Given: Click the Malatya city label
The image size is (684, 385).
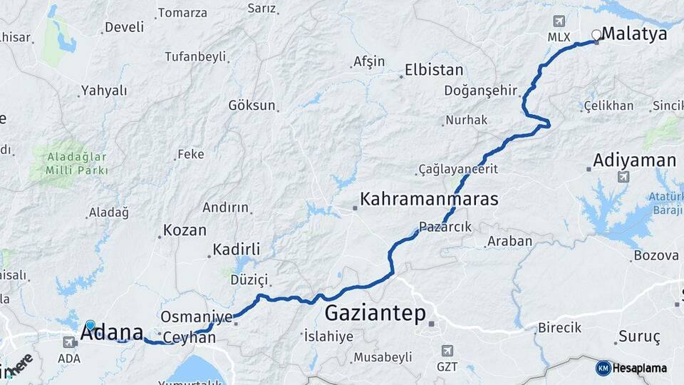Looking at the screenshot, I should (634, 34).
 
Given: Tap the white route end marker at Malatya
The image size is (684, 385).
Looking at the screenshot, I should (596, 34).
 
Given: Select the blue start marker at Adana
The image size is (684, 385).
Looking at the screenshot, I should (90, 325).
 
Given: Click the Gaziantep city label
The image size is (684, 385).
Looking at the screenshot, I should (375, 313).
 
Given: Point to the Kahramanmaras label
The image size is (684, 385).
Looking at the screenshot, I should (429, 199).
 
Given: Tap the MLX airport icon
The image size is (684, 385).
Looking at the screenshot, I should (558, 21).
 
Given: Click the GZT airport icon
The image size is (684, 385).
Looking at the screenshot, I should (447, 351).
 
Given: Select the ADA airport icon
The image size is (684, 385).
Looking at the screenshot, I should (69, 343).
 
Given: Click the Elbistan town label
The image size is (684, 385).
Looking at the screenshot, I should (434, 70).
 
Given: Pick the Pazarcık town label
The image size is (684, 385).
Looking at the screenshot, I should (445, 227).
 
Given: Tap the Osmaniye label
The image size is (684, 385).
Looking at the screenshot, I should (197, 317).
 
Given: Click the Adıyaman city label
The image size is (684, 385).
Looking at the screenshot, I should (634, 159).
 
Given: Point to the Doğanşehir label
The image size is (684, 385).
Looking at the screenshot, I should (478, 90).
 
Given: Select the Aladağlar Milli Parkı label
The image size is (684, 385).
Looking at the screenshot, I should (76, 163).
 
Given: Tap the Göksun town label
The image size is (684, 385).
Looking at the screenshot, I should (252, 105).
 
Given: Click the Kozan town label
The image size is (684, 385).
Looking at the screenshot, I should (185, 230).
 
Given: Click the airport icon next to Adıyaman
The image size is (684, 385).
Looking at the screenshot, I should (624, 176).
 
